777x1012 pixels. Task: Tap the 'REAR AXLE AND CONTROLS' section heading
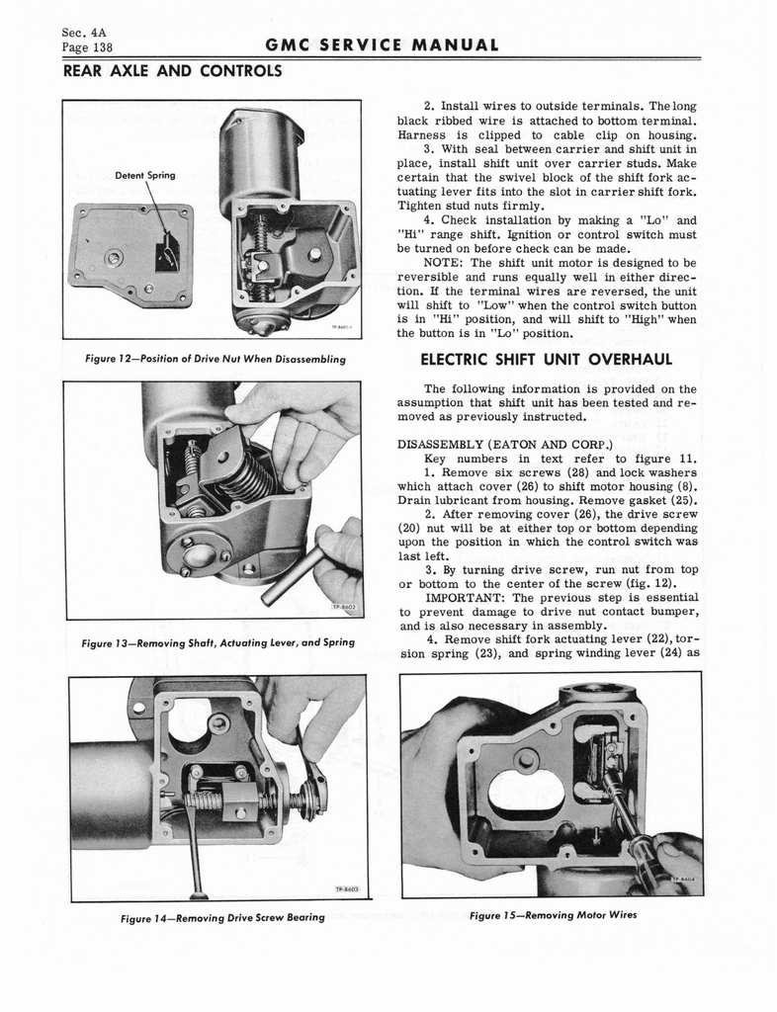pyautogui.click(x=173, y=71)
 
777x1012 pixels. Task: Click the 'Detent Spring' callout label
pyautogui.click(x=145, y=175)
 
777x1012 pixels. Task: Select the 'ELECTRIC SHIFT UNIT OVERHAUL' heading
pyautogui.click(x=547, y=359)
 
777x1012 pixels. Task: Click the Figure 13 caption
pyautogui.click(x=218, y=643)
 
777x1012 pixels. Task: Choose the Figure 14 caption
pyautogui.click(x=222, y=918)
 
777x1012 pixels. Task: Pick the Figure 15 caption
pyautogui.click(x=553, y=914)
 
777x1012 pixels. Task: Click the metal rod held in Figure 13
pyautogui.click(x=296, y=575)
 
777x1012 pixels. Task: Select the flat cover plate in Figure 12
pyautogui.click(x=130, y=255)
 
